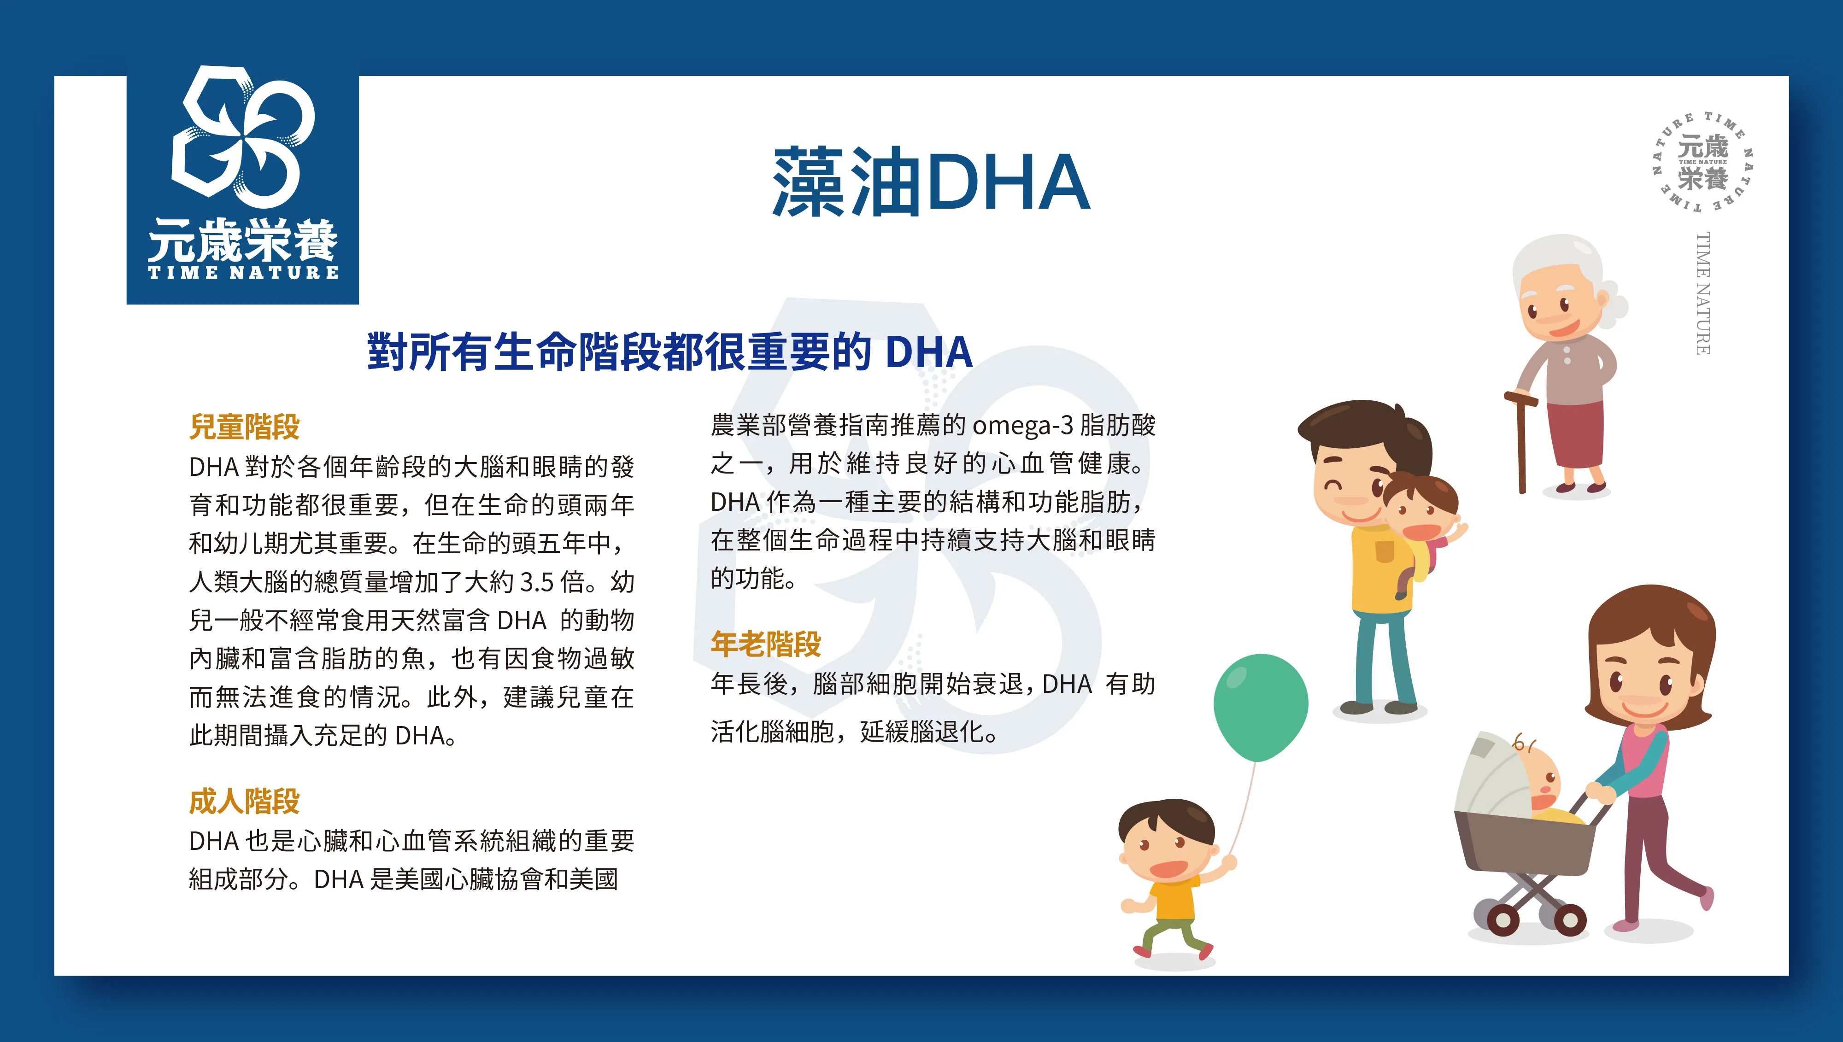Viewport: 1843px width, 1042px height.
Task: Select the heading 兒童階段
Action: click(244, 427)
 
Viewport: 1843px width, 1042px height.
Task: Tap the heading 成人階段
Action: click(244, 802)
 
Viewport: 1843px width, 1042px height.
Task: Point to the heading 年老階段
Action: click(766, 644)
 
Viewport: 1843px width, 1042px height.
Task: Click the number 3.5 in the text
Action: click(537, 582)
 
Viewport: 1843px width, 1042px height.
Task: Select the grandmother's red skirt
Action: click(1577, 434)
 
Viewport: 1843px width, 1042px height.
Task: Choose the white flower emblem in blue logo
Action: click(243, 132)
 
